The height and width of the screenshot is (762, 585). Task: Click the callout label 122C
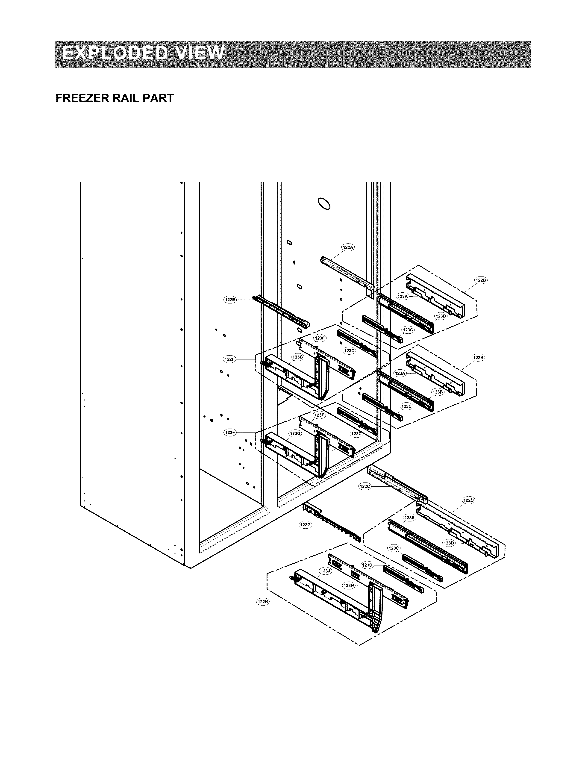pyautogui.click(x=365, y=486)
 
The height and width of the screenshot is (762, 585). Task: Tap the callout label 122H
pyautogui.click(x=263, y=601)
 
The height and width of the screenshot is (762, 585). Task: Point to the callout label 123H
pyautogui.click(x=349, y=586)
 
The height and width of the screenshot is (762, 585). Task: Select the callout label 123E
pyautogui.click(x=409, y=518)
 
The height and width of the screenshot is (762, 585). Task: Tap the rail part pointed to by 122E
pyautogui.click(x=282, y=312)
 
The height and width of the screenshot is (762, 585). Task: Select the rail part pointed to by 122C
pyautogui.click(x=397, y=482)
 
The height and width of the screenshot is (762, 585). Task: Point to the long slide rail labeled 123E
pyautogui.click(x=428, y=547)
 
